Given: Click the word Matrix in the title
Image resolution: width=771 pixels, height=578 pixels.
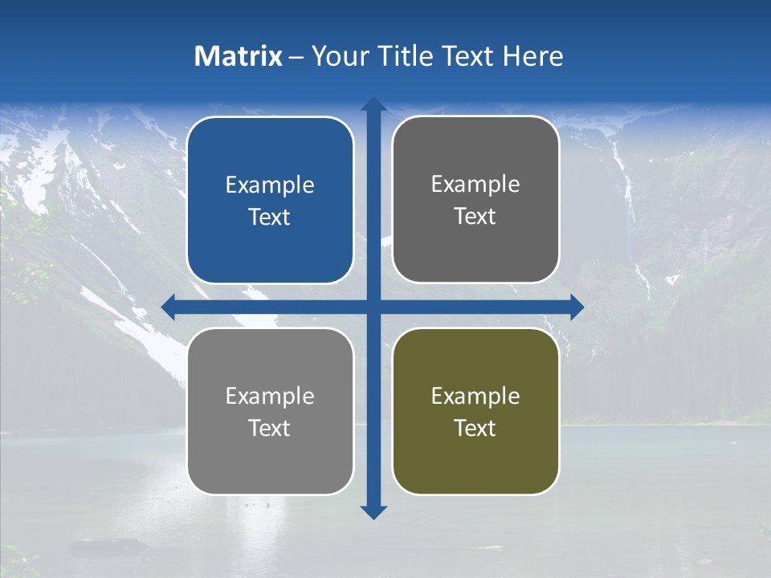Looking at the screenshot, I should pyautogui.click(x=239, y=56).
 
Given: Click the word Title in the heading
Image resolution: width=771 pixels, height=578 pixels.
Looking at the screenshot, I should pyautogui.click(x=410, y=56).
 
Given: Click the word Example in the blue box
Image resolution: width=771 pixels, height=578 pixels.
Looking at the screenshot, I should pyautogui.click(x=270, y=185).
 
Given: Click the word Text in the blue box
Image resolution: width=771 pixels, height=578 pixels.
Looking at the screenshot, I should pyautogui.click(x=270, y=218).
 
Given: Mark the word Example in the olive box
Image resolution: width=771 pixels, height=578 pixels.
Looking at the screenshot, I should pyautogui.click(x=475, y=396).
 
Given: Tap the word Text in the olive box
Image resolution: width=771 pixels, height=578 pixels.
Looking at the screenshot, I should pyautogui.click(x=475, y=428).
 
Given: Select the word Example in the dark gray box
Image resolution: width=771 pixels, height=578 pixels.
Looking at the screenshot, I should pyautogui.click(x=475, y=185).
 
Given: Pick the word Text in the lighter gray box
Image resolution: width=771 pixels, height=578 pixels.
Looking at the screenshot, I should pyautogui.click(x=270, y=428).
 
